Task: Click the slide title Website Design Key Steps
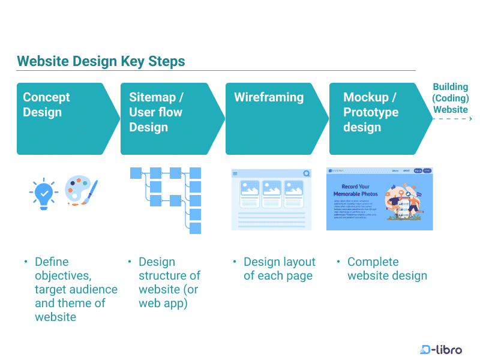101,61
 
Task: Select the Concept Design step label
46,104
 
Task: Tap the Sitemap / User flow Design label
156,112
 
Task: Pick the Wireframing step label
269,97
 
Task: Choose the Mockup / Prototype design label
370,112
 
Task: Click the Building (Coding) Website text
451,98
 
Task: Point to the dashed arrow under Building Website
452,119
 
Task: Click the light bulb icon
44,193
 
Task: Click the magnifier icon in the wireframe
307,173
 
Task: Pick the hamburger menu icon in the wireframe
235,173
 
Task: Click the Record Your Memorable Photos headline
356,190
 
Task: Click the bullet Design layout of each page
279,269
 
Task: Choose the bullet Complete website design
387,269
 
